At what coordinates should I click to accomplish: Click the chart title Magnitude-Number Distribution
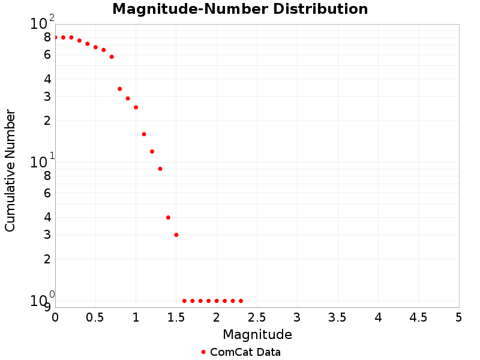pos(240,9)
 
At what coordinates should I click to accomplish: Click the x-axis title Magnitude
pos(257,334)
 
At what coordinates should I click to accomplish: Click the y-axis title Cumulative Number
pos(10,170)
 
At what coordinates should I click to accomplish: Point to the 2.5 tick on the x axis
pos(257,316)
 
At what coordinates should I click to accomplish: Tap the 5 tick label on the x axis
pos(459,316)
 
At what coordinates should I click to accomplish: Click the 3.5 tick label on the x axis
pos(338,316)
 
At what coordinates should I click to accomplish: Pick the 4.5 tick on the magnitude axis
pos(418,316)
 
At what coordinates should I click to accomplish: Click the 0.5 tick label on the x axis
pos(95,316)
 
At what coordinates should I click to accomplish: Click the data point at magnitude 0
pos(55,37)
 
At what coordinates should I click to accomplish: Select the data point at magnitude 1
pos(136,107)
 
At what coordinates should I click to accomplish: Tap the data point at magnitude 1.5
pos(176,235)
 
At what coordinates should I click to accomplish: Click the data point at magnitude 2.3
pos(241,301)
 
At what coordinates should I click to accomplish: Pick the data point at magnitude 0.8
pos(120,89)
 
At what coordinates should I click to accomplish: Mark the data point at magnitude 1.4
pos(168,217)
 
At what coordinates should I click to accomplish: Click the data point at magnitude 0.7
pos(112,57)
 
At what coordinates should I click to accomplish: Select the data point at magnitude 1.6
pos(184,301)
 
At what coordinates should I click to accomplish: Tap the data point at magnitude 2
pos(217,301)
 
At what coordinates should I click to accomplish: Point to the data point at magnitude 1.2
pos(152,151)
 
